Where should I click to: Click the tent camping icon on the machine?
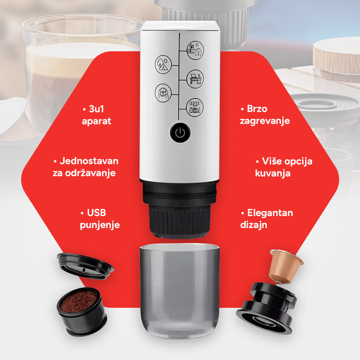(x=163, y=64)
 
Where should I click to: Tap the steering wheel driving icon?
(x=163, y=93)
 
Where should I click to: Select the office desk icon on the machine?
(x=195, y=79)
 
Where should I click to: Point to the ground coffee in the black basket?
(x=79, y=301)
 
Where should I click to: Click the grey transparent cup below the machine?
(x=180, y=291)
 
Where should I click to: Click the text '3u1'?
(x=96, y=109)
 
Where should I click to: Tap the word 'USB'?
(x=96, y=213)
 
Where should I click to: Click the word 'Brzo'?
(x=257, y=109)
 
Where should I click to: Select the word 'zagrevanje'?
(x=265, y=121)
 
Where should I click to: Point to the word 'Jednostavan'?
(x=89, y=161)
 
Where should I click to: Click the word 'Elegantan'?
(x=270, y=213)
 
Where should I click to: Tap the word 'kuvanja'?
(x=273, y=173)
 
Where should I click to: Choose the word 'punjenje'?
(x=100, y=225)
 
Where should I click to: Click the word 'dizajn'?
(x=254, y=225)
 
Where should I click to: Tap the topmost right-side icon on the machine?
(x=195, y=50)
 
